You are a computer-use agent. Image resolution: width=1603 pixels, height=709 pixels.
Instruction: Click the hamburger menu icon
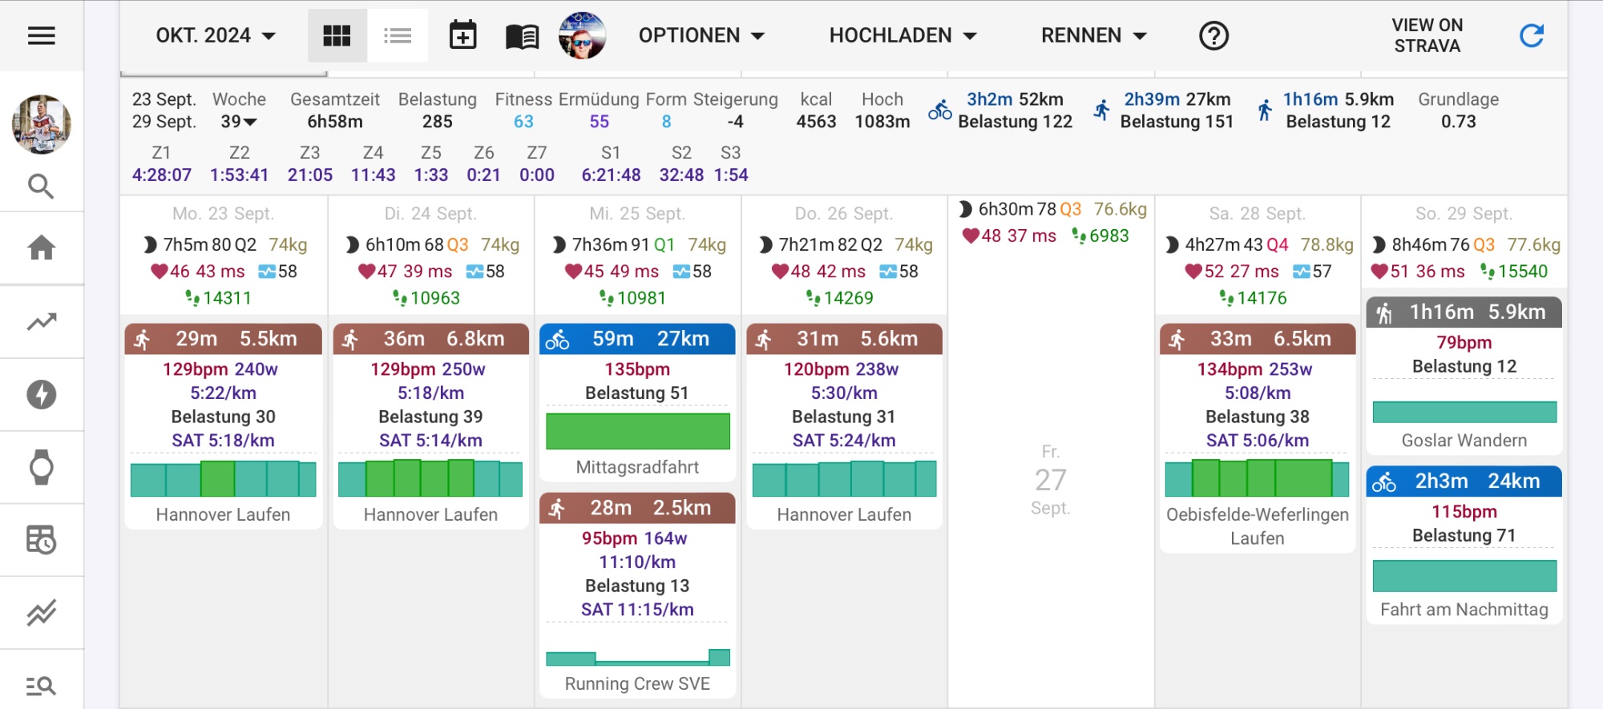[x=42, y=36]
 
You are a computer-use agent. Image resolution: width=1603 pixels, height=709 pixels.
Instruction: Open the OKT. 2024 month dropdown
[x=215, y=36]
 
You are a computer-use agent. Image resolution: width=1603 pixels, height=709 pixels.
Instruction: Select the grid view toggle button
[x=337, y=36]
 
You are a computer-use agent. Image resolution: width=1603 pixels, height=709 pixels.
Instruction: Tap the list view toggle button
[x=398, y=36]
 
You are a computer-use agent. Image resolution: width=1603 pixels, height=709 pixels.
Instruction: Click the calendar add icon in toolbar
[x=462, y=36]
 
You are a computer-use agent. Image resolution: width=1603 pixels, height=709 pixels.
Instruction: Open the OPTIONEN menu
[x=701, y=36]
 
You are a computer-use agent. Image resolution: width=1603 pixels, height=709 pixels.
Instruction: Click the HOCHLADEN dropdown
[x=902, y=36]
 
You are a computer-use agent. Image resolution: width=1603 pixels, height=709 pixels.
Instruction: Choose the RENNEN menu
[x=1093, y=36]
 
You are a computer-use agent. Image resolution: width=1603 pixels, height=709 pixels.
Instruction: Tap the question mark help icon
[x=1213, y=36]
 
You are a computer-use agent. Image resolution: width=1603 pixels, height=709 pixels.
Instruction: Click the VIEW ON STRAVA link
[x=1427, y=36]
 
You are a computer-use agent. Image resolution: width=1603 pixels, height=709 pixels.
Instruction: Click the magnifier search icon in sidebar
[x=42, y=187]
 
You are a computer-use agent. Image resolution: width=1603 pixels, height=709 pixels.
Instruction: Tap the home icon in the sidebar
[x=42, y=248]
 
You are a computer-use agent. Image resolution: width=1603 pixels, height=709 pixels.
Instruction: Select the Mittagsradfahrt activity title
[x=637, y=467]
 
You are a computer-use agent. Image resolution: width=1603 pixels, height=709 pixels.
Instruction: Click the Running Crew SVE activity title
[x=637, y=683]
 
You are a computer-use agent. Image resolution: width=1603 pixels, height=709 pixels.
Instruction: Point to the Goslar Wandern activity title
[x=1464, y=441]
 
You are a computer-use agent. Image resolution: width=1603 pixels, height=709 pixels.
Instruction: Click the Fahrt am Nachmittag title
[x=1464, y=610]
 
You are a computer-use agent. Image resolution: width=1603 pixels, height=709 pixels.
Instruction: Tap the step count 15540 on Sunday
[x=1522, y=272]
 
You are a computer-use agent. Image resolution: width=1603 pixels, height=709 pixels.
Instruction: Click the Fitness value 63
[x=523, y=122]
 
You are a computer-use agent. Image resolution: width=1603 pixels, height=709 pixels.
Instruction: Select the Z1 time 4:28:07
[x=162, y=175]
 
